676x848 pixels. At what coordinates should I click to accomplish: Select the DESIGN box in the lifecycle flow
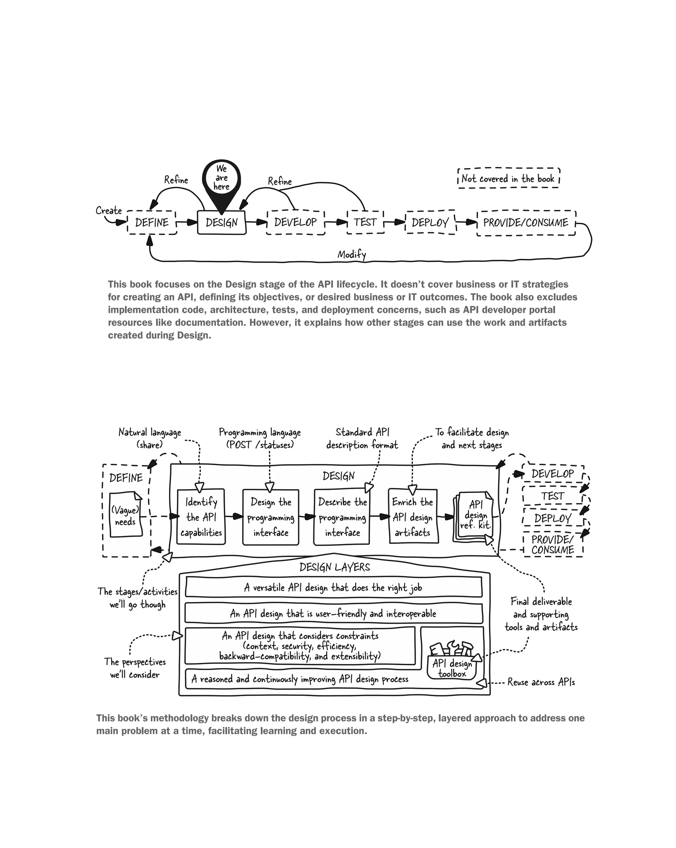(221, 222)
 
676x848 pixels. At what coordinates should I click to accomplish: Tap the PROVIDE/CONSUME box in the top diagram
(526, 223)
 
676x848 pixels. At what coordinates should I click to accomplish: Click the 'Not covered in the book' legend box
(508, 179)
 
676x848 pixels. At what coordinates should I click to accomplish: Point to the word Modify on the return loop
(352, 254)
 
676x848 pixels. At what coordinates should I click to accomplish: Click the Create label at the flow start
(109, 211)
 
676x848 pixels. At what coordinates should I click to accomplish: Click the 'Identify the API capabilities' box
(201, 517)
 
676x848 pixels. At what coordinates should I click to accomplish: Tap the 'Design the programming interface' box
(271, 517)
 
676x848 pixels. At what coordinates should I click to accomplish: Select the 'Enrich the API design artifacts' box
(413, 517)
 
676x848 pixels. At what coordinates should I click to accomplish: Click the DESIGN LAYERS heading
(335, 567)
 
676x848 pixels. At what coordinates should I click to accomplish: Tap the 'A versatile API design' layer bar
(333, 588)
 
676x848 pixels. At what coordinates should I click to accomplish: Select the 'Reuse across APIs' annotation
(541, 682)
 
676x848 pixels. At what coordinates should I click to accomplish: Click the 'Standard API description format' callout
(362, 439)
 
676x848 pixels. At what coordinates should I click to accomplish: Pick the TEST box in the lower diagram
(553, 496)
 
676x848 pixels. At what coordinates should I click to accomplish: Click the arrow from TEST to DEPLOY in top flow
(394, 222)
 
